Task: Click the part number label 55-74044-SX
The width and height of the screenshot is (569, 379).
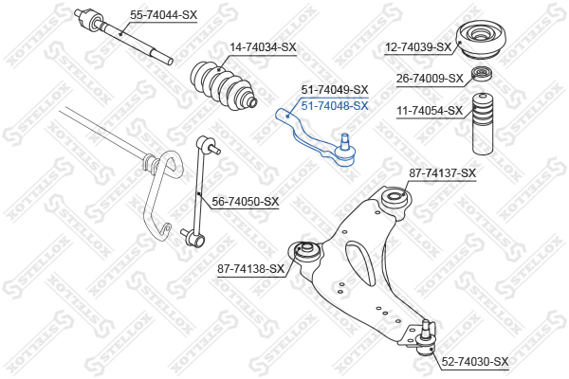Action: point(164,15)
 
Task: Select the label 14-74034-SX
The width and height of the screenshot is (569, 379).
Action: point(263,47)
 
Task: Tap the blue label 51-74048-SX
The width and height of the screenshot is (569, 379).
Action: point(335,106)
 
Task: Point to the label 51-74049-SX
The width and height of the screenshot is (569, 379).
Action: point(335,90)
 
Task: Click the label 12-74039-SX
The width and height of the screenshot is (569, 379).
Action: point(418,47)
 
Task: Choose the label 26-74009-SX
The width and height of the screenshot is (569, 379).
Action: point(430,79)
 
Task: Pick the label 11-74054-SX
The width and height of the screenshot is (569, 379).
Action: point(430,111)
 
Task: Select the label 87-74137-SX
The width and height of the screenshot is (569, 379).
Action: point(442,173)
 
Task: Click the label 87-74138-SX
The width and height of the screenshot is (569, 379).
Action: point(250,269)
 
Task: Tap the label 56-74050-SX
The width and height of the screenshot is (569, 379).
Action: point(246,202)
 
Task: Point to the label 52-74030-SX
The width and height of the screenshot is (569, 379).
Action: point(475,362)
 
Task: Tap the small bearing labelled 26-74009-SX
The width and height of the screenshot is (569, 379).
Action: point(482,74)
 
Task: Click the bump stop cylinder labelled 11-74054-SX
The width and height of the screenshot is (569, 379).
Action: point(483,124)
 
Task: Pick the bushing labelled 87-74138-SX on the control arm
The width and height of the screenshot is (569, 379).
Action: point(305,251)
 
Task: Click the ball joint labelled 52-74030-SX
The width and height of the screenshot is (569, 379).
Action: point(426,338)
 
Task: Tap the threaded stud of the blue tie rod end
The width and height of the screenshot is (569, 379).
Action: point(345,139)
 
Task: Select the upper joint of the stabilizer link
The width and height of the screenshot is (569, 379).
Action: point(206,144)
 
